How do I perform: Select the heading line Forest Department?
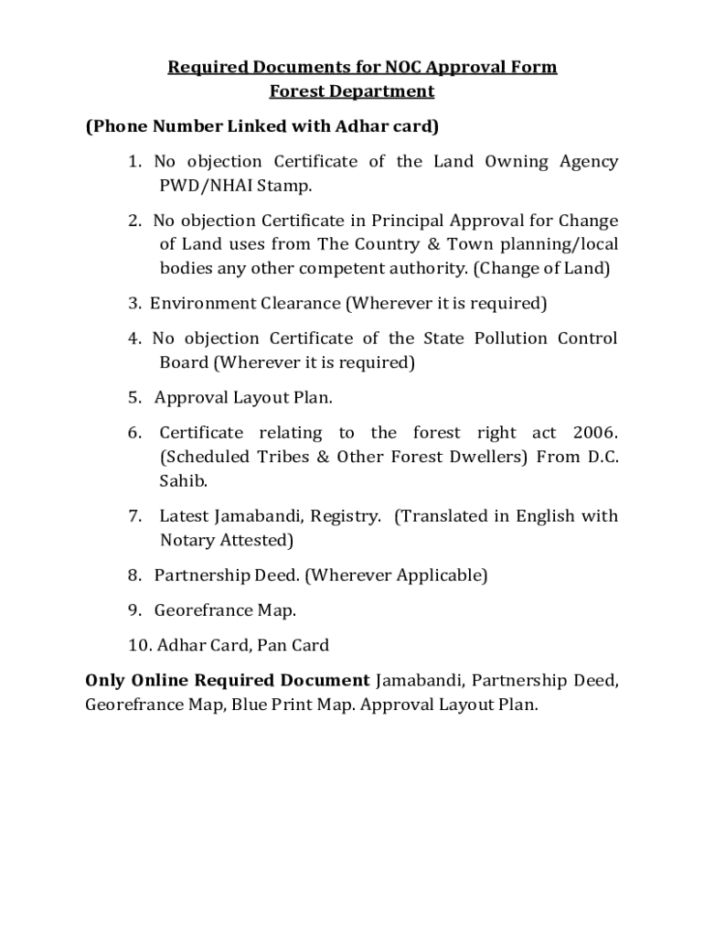pos(352,91)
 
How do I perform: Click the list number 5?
pos(133,397)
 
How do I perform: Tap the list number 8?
pos(133,576)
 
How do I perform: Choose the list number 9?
pos(133,609)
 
